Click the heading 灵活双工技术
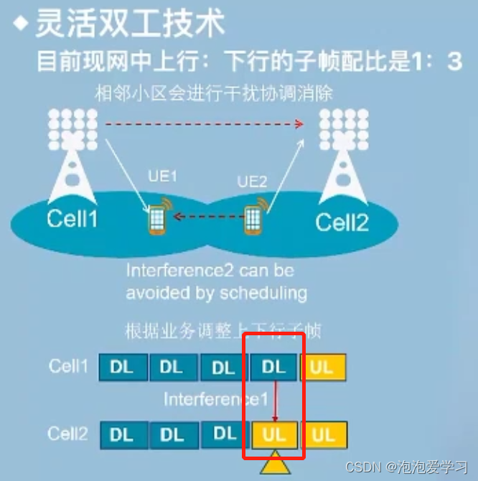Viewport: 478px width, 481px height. tap(130, 24)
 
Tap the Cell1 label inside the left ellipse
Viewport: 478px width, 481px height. tap(71, 218)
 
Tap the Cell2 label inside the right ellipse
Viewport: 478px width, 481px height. tap(342, 222)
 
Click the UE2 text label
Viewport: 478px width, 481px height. tap(251, 183)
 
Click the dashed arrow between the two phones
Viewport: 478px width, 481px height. tap(205, 216)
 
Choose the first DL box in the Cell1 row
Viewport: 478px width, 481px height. tap(122, 367)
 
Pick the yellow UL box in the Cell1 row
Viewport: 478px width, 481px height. tap(322, 367)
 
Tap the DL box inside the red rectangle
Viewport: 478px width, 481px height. tap(273, 367)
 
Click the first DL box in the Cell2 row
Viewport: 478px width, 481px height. tap(122, 435)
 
